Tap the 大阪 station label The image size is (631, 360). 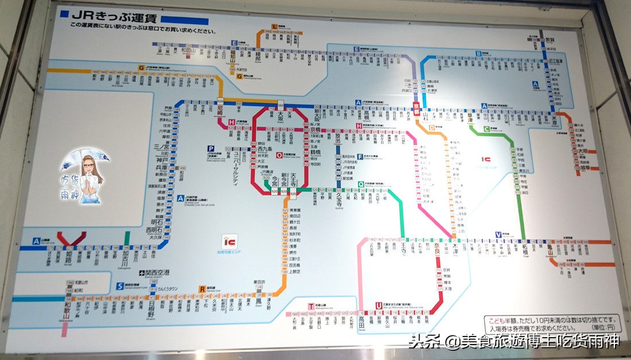pos(280,116)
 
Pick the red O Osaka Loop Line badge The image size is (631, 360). pos(279,154)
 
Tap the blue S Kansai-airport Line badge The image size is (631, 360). pos(120,285)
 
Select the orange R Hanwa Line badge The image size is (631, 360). pos(202,288)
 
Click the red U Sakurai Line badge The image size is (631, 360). pos(379,305)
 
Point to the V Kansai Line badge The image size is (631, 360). pos(498,234)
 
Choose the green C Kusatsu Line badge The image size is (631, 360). pos(486,129)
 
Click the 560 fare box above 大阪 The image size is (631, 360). pos(281,104)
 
